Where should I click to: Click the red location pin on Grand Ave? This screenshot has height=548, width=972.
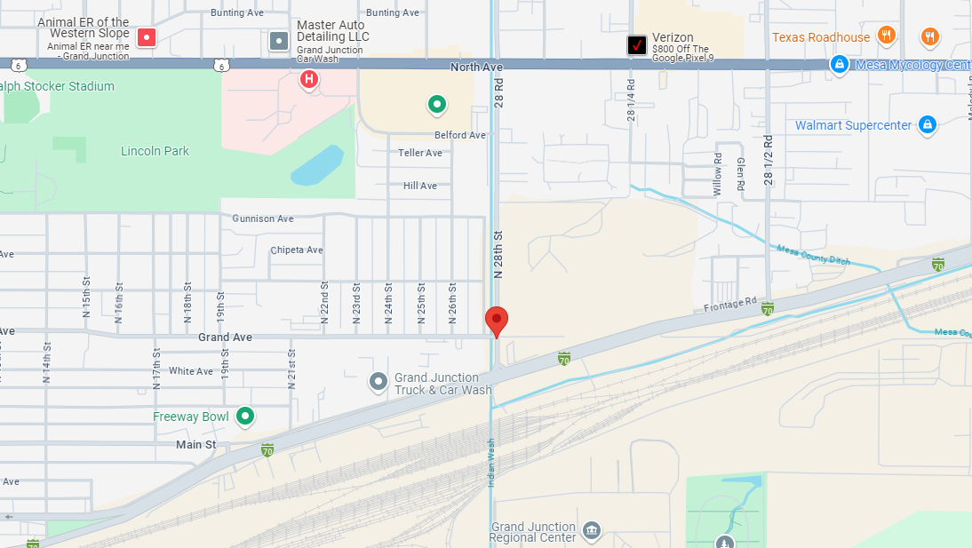click(497, 320)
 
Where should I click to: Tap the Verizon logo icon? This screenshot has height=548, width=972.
click(637, 44)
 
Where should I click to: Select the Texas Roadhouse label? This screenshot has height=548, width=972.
click(821, 37)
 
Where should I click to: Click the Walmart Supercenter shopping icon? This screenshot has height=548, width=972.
click(927, 124)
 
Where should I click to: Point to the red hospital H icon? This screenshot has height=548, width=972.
click(308, 80)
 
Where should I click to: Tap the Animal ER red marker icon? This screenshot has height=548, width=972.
click(147, 37)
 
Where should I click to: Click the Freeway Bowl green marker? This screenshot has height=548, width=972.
click(244, 416)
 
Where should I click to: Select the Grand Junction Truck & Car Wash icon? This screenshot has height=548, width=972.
click(378, 382)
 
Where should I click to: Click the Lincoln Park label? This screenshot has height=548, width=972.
click(155, 151)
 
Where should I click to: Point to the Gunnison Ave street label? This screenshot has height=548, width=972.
click(263, 218)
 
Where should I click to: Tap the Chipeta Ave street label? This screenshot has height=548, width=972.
click(297, 250)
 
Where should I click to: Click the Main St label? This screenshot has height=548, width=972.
click(195, 444)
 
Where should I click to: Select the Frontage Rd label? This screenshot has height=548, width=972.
click(729, 306)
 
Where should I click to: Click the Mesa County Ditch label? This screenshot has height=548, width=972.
click(813, 256)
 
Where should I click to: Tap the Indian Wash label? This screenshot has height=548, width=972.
click(490, 463)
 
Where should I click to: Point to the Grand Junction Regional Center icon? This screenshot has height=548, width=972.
click(592, 531)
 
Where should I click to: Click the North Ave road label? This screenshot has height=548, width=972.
click(476, 67)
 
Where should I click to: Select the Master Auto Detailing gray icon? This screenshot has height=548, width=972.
click(279, 40)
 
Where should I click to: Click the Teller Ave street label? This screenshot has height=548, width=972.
click(420, 153)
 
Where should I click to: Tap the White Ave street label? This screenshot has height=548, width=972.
click(191, 371)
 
